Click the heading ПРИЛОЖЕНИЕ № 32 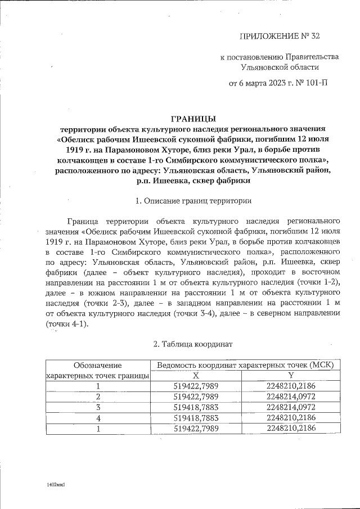click(x=280, y=37)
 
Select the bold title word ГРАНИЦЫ click(x=193, y=118)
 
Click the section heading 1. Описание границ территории click(x=193, y=201)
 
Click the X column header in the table click(x=196, y=375)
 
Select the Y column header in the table click(x=291, y=375)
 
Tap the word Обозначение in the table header click(x=98, y=364)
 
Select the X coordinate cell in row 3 click(x=196, y=407)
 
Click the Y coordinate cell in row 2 click(x=291, y=397)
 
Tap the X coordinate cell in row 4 click(x=196, y=418)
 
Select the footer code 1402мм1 click(x=57, y=483)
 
